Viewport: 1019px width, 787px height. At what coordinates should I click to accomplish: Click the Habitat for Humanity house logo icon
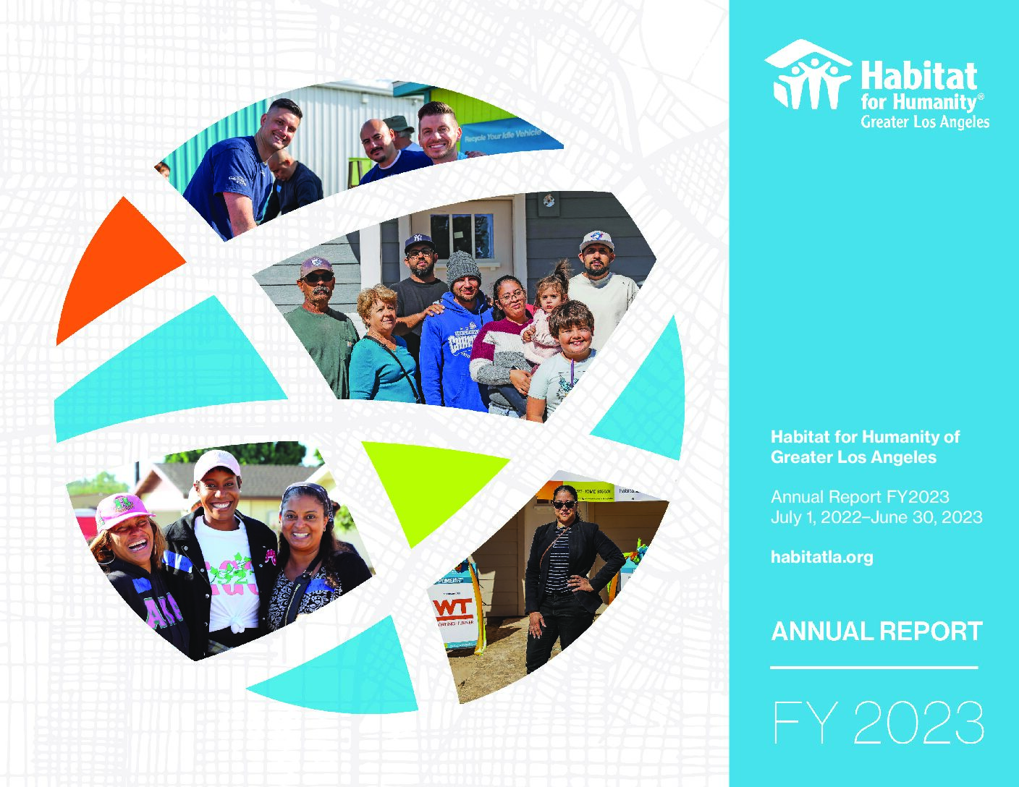[808, 75]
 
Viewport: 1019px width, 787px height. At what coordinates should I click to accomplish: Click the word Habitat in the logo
[918, 76]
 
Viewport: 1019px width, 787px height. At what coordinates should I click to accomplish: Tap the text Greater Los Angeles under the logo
[924, 122]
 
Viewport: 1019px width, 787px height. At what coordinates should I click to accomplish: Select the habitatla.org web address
[821, 557]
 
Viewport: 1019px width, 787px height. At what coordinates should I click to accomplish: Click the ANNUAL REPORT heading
[876, 631]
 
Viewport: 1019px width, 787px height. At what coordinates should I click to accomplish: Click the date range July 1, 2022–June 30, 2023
[876, 517]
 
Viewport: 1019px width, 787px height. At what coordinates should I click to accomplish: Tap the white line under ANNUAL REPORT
[874, 667]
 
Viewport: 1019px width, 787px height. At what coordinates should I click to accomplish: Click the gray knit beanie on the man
[462, 267]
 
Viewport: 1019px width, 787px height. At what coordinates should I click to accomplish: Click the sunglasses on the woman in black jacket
[564, 504]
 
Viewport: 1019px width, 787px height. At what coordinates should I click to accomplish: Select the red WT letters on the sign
[453, 606]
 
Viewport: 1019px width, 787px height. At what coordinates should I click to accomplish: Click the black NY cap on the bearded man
[418, 242]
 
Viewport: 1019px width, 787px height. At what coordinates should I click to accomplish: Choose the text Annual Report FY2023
[859, 497]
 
